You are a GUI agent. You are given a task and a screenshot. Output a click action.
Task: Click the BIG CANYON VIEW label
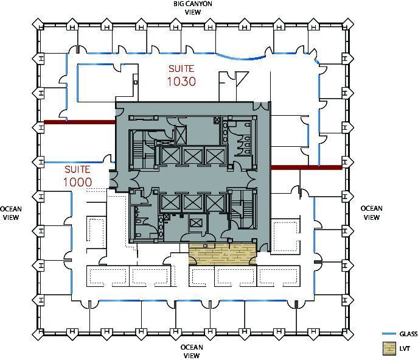click(x=192, y=7)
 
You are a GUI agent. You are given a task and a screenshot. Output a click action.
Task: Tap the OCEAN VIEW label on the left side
click(x=11, y=213)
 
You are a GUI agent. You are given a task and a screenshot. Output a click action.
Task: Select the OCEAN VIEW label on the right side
click(x=371, y=213)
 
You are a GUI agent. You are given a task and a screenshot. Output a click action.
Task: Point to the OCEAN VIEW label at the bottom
click(x=192, y=351)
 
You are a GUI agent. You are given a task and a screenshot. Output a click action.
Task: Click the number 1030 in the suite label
click(x=181, y=80)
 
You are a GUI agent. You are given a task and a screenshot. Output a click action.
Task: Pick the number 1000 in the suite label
click(x=77, y=182)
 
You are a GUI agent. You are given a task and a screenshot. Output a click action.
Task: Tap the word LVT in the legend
click(x=405, y=349)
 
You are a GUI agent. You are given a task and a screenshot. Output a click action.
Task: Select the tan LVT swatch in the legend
click(x=388, y=349)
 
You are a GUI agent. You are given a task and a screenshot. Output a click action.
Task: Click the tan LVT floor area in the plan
click(x=222, y=253)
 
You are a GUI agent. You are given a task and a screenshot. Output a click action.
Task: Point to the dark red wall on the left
click(x=79, y=122)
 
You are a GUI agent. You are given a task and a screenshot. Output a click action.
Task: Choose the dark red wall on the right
click(x=305, y=167)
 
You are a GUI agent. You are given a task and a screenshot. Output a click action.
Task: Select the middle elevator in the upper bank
click(x=192, y=156)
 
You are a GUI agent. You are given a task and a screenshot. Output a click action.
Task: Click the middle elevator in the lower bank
click(x=192, y=202)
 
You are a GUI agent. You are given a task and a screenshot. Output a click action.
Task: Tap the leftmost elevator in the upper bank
click(x=170, y=156)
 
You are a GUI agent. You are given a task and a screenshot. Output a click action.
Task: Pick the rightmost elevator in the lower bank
click(x=215, y=202)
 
